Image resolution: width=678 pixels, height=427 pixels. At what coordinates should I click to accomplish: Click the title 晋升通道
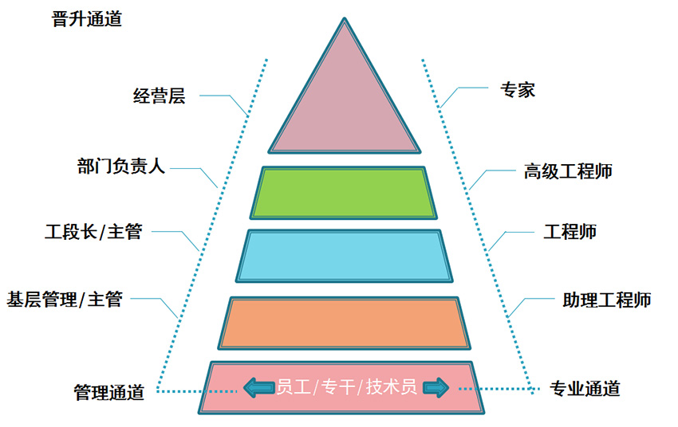tap(86, 20)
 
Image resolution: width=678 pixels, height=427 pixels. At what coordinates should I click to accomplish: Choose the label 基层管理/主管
tap(65, 300)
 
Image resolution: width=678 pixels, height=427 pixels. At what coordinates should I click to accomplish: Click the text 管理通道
tap(108, 392)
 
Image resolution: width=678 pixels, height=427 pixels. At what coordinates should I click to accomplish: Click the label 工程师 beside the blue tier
tap(570, 232)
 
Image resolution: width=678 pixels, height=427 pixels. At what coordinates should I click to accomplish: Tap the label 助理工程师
tap(606, 300)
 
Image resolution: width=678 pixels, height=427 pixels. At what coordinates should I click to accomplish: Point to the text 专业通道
tap(585, 389)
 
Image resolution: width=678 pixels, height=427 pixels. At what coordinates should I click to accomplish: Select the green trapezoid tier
tap(345, 192)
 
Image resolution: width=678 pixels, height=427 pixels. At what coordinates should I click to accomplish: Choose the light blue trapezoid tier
tap(344, 255)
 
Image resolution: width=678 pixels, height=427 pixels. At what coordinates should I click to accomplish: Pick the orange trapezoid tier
tap(345, 322)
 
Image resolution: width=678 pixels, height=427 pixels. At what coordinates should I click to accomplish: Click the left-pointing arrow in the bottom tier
tap(258, 388)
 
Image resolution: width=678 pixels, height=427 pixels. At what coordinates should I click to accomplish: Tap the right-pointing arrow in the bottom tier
tap(436, 388)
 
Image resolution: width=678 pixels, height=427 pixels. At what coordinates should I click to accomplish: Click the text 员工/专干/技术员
tap(346, 388)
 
